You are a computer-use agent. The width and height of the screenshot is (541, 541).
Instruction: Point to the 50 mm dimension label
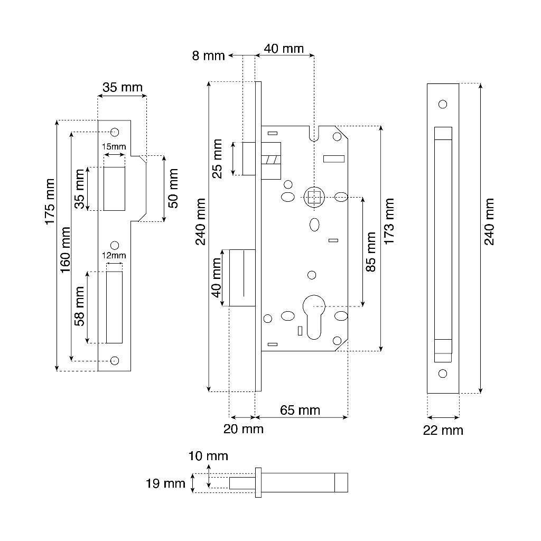tap(173, 188)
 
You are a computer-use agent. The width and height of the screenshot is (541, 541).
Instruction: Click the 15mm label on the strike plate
tap(114, 146)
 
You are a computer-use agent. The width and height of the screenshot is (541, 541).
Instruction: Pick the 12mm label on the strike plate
tap(114, 255)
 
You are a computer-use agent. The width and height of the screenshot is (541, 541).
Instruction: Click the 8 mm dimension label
tap(208, 55)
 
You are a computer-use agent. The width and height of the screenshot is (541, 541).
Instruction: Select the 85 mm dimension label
tap(371, 251)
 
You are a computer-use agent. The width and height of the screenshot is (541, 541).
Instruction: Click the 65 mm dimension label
tap(300, 411)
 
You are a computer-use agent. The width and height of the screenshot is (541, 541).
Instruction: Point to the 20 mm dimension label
tap(243, 429)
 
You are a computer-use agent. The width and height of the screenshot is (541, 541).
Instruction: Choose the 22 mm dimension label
tap(443, 431)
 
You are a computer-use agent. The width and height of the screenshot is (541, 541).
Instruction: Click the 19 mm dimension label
tap(165, 483)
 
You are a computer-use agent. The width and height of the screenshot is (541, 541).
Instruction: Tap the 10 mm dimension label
tap(209, 455)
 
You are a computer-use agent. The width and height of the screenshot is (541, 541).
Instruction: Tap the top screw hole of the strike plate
tap(115, 132)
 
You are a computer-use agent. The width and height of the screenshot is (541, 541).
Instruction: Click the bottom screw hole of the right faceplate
tap(443, 374)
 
